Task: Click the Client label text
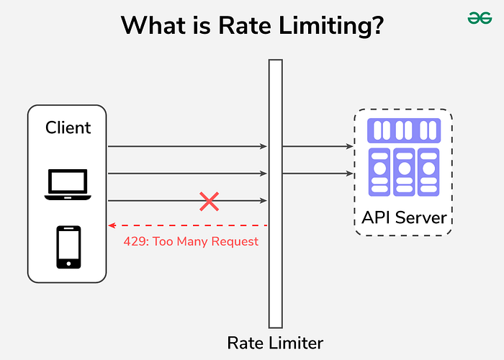coord(68,128)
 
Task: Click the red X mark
coord(209,201)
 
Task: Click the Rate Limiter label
coord(275,343)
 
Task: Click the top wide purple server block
coord(403,130)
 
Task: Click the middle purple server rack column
coord(403,172)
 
